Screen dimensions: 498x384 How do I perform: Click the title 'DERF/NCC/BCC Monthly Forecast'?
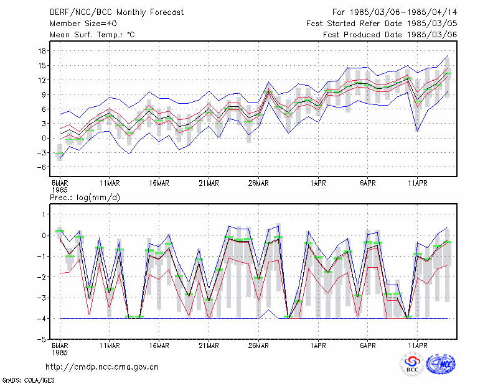tap(116, 12)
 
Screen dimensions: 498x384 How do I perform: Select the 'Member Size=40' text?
tap(83, 24)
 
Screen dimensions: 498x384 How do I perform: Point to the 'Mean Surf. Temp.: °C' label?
tap(92, 35)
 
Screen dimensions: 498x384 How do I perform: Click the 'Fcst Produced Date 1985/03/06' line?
tap(390, 35)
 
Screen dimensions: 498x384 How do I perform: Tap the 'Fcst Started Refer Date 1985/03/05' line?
tap(382, 24)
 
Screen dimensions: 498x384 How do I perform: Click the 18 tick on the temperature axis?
tap(42, 51)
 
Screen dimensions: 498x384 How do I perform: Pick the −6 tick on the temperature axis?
tap(41, 167)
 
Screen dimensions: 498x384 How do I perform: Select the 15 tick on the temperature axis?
tap(42, 66)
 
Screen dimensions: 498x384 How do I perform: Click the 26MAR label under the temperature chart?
tap(258, 183)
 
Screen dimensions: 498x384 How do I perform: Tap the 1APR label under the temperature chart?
tap(318, 183)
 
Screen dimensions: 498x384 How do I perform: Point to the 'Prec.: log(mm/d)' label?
tap(85, 198)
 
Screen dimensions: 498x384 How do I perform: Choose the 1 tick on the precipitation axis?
tap(44, 214)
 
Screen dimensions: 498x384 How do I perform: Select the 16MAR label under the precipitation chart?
tap(159, 345)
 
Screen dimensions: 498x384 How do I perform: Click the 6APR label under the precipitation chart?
tap(368, 345)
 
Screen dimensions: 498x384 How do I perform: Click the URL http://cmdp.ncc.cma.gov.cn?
tap(102, 367)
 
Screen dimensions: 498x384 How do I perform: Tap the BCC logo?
tap(412, 365)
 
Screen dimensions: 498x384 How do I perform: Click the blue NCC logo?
tap(441, 364)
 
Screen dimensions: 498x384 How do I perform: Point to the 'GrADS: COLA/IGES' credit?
tap(29, 380)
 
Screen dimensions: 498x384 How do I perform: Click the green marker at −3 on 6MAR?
tap(60, 153)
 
